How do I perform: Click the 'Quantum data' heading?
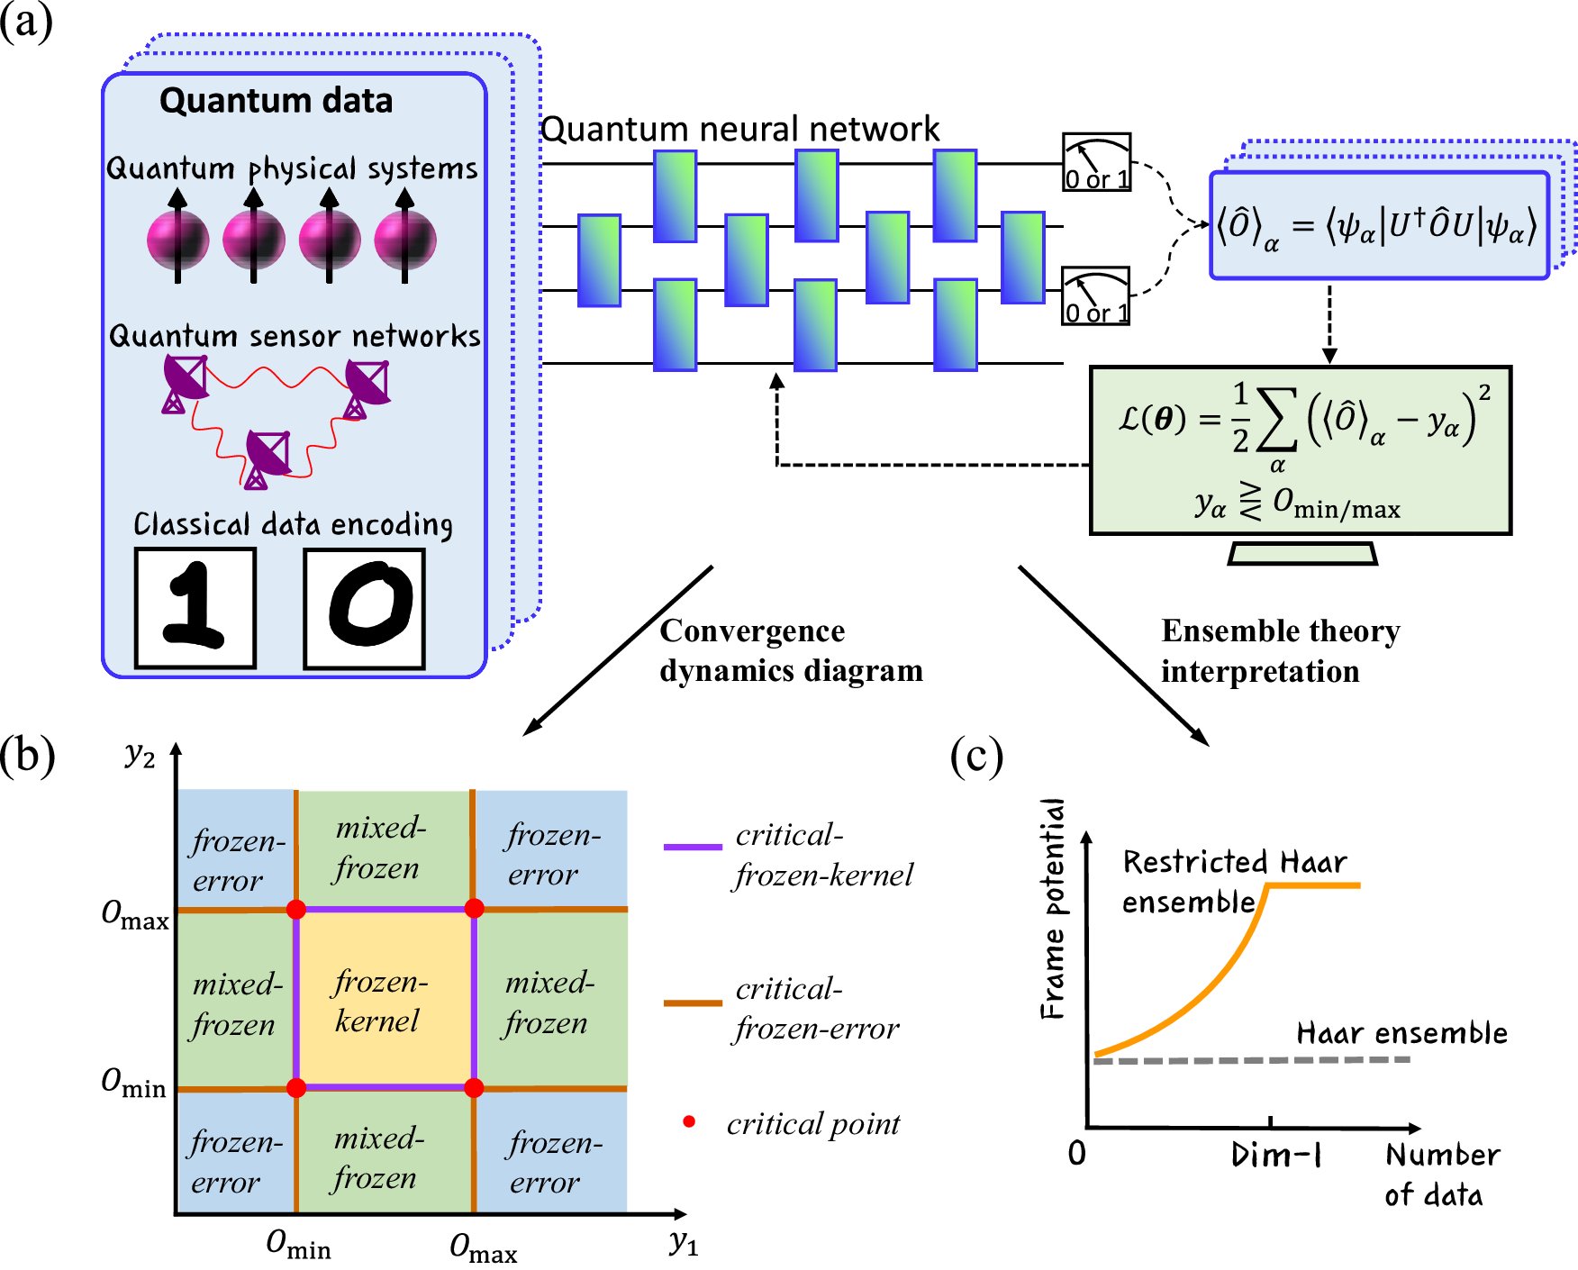(x=276, y=100)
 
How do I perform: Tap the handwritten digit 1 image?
(x=195, y=608)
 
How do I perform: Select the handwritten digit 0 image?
(x=365, y=608)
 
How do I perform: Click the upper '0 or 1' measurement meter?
(x=1096, y=162)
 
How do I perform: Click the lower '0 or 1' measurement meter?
(x=1095, y=295)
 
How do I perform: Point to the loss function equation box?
(x=1300, y=449)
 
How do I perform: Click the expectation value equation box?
(x=1378, y=225)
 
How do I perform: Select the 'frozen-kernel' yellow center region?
(x=385, y=999)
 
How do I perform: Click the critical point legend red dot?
(x=689, y=1121)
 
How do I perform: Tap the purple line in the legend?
(x=693, y=847)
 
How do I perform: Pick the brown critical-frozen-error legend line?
(x=693, y=1002)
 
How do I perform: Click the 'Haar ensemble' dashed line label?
(x=1401, y=1033)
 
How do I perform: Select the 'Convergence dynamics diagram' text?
(x=790, y=650)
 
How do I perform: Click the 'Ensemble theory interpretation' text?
(x=1279, y=650)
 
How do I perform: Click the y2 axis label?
(x=140, y=754)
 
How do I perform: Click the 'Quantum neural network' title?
(x=739, y=130)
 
